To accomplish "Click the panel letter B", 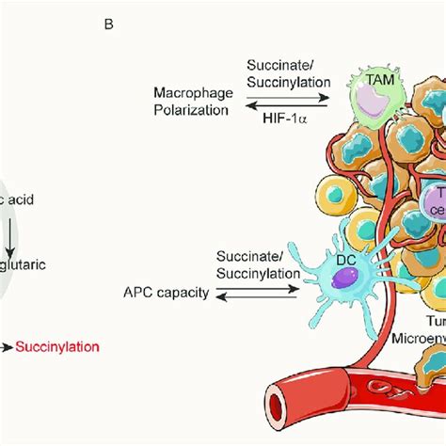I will (108, 24).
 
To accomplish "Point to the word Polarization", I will (191, 109).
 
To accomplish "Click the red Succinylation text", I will (57, 347).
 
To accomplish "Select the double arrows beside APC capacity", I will (253, 295).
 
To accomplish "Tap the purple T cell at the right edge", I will (437, 202).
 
